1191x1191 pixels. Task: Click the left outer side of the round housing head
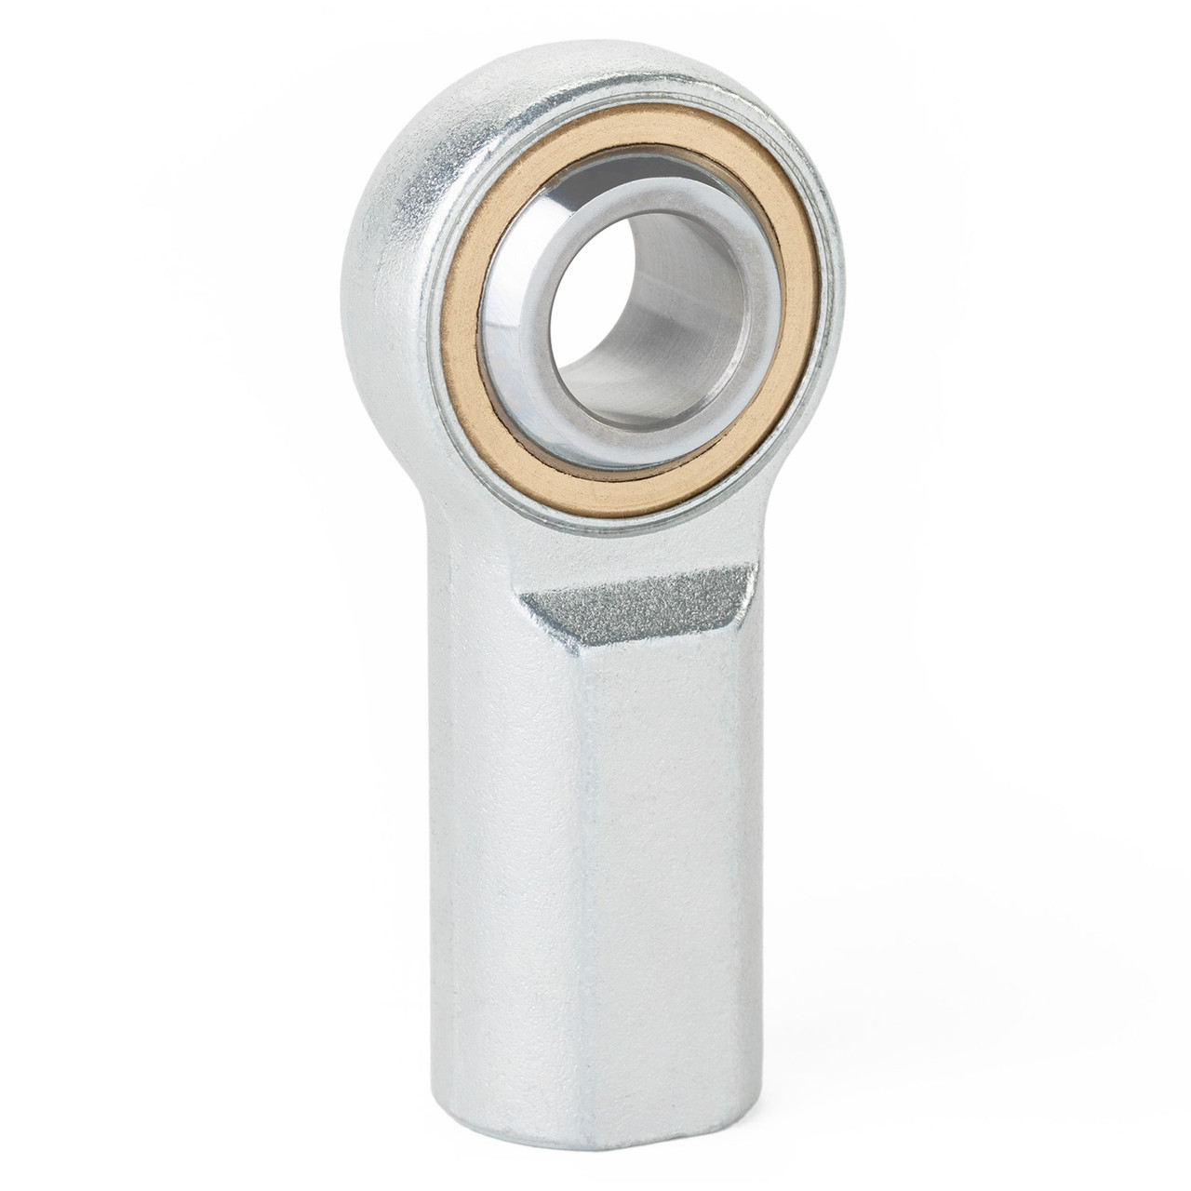point(372,261)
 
